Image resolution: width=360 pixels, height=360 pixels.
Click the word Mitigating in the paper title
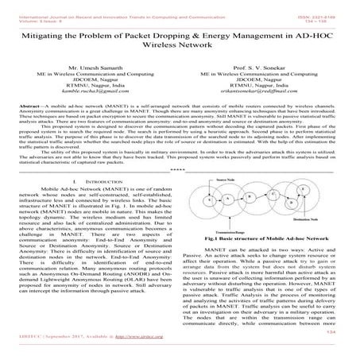pyautogui.click(x=55, y=36)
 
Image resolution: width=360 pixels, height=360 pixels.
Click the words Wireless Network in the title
pyautogui.click(x=180, y=49)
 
